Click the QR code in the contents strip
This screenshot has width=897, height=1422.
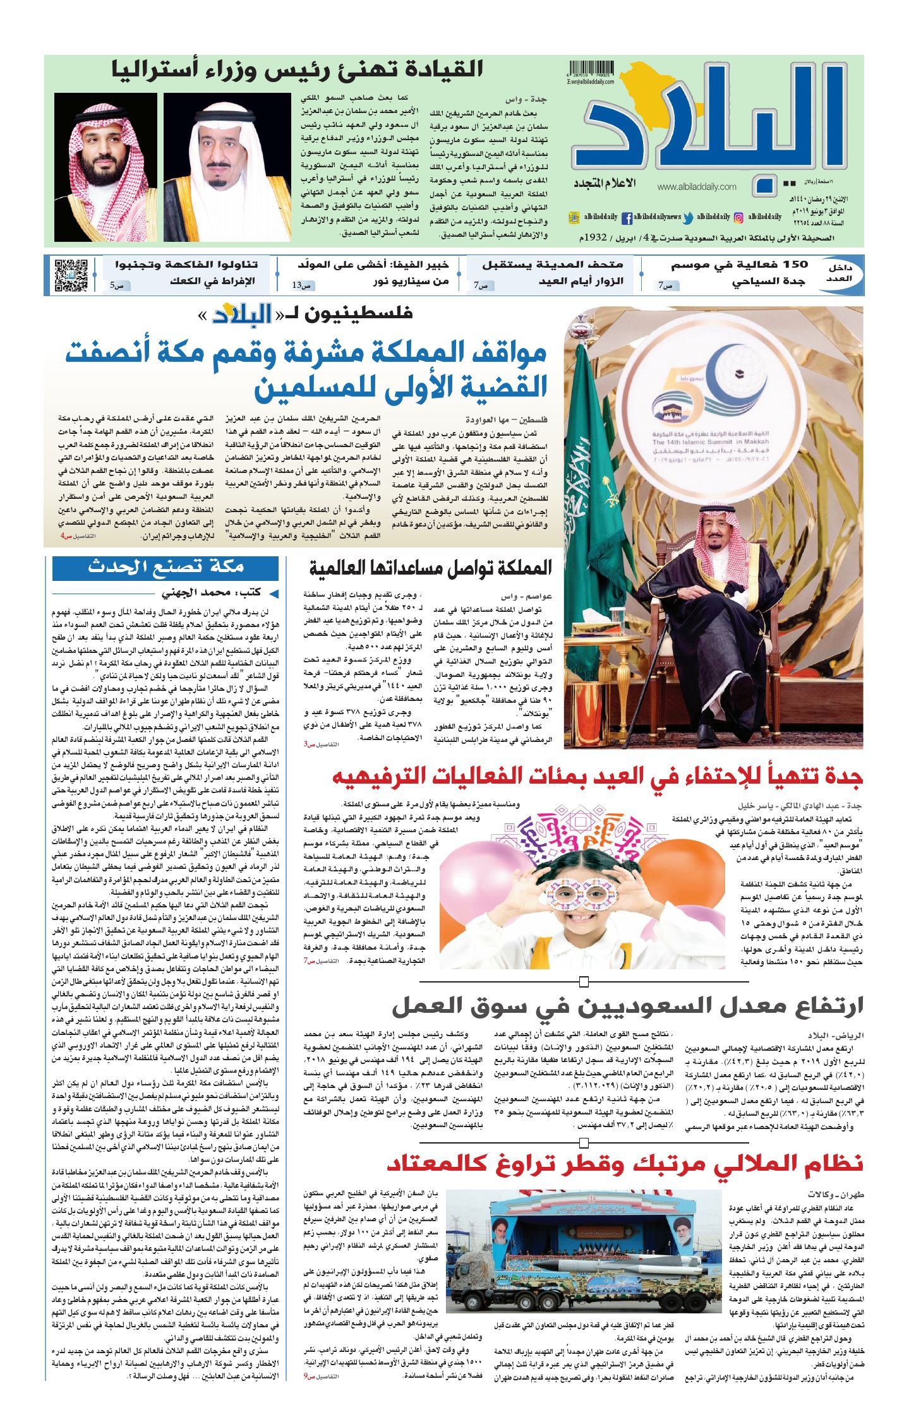69,275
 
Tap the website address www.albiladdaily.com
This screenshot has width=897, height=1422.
697,187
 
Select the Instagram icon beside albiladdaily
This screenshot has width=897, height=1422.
738,217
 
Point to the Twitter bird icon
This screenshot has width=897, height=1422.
688,217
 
